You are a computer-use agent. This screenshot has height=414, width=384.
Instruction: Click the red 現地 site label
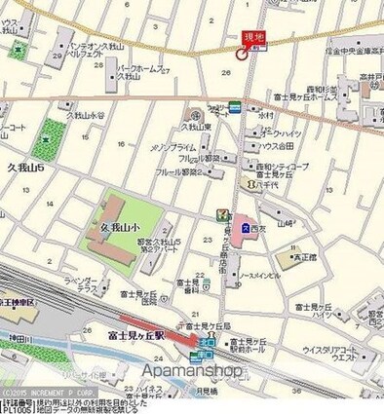coord(251,37)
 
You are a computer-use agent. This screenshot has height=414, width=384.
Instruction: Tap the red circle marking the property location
coord(240,56)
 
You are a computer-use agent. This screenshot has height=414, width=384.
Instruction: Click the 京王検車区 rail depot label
coord(17,304)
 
